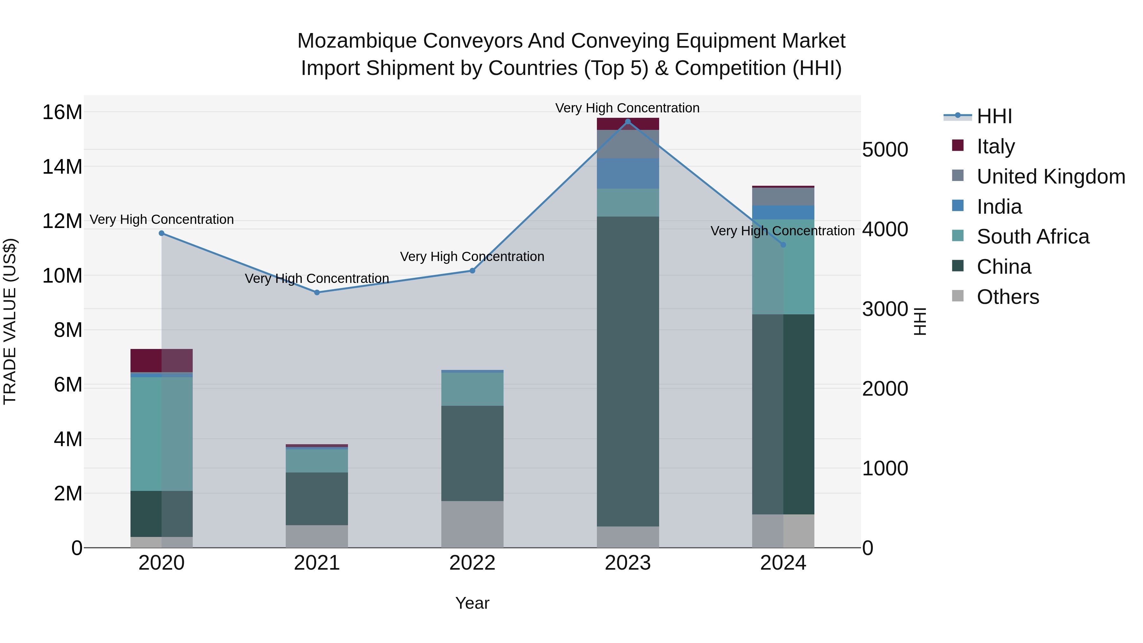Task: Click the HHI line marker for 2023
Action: pyautogui.click(x=627, y=122)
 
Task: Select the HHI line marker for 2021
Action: pyautogui.click(x=317, y=292)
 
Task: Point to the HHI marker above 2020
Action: pyautogui.click(x=162, y=233)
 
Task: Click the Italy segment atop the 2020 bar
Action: pyautogui.click(x=162, y=360)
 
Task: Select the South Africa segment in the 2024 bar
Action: pyautogui.click(x=783, y=267)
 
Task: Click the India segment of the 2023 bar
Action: pyautogui.click(x=627, y=173)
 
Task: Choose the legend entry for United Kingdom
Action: pyautogui.click(x=1050, y=177)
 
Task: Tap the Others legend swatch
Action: pyautogui.click(x=958, y=296)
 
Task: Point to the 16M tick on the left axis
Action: pyautogui.click(x=62, y=112)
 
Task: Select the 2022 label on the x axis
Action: pyautogui.click(x=472, y=563)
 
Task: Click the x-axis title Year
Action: pyautogui.click(x=472, y=603)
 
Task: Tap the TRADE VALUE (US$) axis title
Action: pyautogui.click(x=10, y=321)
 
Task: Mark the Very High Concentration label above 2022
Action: pyautogui.click(x=472, y=257)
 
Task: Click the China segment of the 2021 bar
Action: pyautogui.click(x=317, y=499)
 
